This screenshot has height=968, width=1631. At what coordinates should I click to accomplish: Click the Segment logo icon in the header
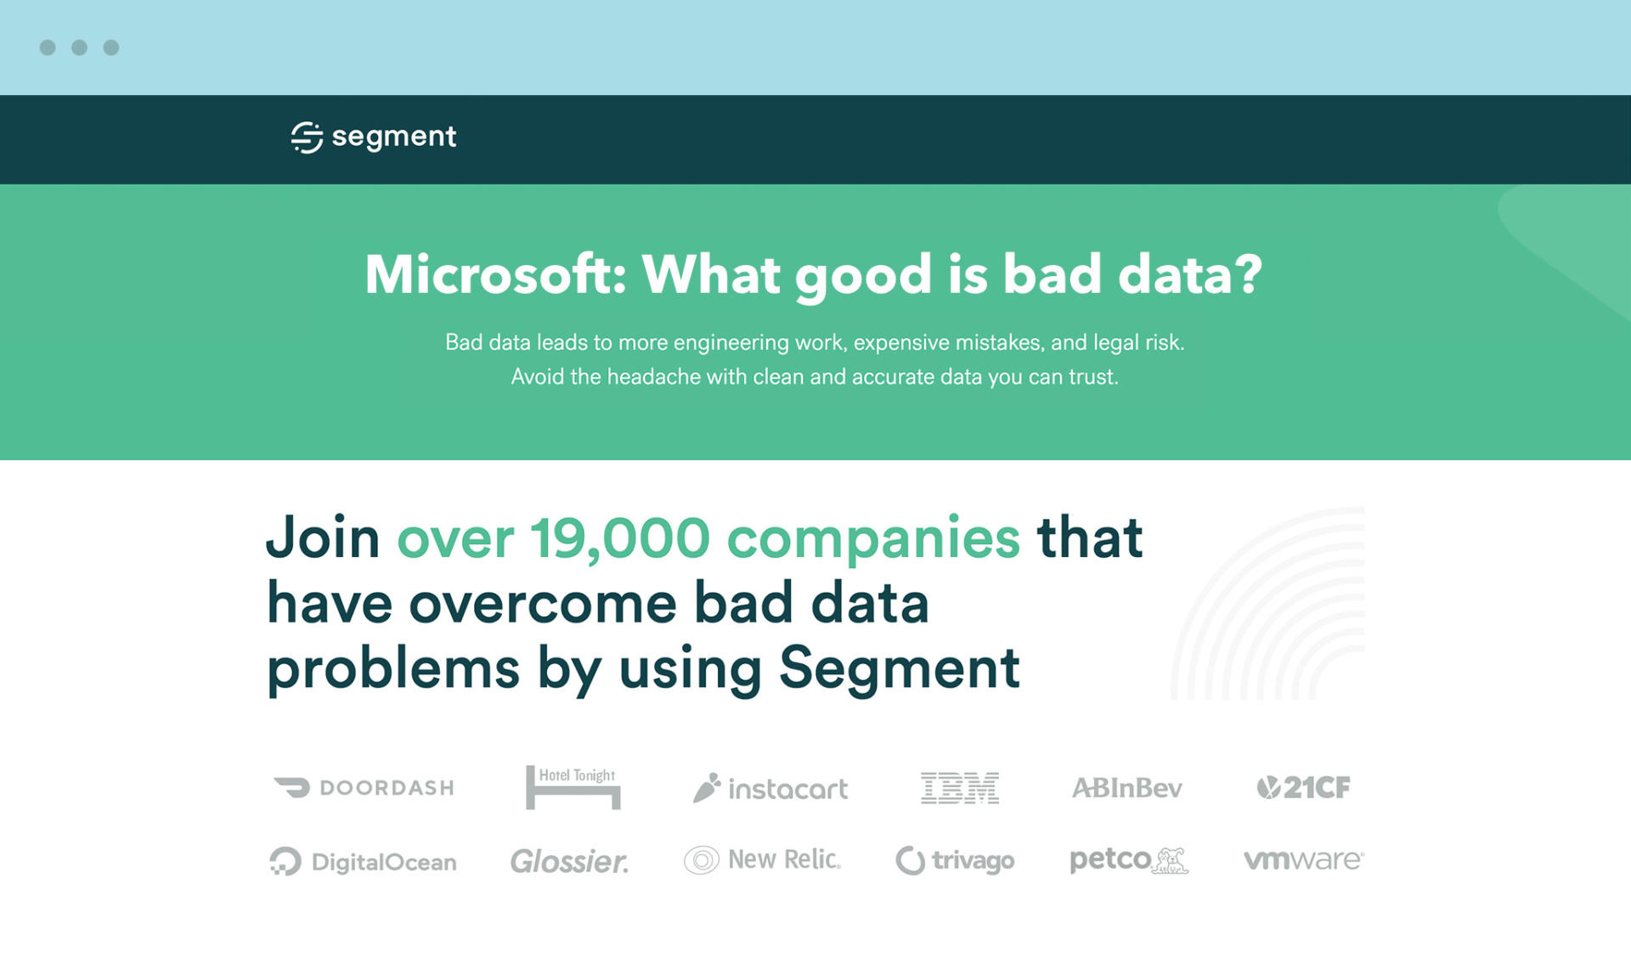(307, 137)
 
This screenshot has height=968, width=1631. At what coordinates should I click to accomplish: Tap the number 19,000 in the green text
(620, 539)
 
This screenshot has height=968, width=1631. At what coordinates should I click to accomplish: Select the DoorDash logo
(364, 788)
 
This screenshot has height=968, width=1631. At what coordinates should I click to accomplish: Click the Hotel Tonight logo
(573, 787)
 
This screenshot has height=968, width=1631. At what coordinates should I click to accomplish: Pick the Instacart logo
(770, 788)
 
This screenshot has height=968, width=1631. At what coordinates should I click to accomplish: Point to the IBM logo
(960, 788)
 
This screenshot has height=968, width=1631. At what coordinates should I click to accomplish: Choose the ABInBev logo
(1126, 788)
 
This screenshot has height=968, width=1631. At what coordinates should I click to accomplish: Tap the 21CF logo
(1303, 788)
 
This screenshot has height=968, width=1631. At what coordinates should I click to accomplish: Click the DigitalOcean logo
(363, 862)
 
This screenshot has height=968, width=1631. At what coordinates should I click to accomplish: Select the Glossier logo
(569, 862)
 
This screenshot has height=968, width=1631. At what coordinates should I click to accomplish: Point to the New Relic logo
(763, 860)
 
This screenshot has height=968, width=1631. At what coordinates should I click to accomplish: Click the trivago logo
(955, 860)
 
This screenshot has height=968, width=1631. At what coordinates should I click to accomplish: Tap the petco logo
(1129, 860)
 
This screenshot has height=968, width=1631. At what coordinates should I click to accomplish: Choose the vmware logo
(1304, 859)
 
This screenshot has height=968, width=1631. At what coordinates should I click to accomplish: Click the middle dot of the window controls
(79, 48)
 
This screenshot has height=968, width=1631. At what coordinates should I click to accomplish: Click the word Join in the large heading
(323, 538)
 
